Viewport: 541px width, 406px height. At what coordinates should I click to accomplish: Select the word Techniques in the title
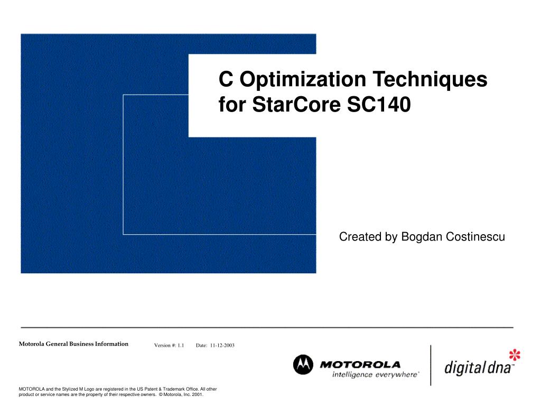click(430, 79)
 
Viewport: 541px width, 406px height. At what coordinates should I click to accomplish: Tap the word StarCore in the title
click(296, 104)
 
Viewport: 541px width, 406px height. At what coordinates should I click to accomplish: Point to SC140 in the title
click(379, 104)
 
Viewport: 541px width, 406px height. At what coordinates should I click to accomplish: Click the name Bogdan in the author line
click(422, 237)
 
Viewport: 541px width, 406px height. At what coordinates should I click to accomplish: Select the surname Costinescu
click(475, 237)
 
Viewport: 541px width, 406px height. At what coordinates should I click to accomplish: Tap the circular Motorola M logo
click(303, 365)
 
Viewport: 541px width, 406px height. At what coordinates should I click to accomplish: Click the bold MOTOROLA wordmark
click(360, 365)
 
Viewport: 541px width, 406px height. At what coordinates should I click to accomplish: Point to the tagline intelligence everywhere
click(376, 375)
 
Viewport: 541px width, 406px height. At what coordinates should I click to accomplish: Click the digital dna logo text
click(478, 367)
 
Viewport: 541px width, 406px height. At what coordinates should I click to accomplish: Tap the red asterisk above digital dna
click(515, 355)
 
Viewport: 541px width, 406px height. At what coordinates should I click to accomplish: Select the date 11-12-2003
click(222, 345)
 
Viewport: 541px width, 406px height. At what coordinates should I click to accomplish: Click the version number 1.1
click(181, 345)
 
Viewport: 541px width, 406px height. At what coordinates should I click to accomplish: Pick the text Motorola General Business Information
click(73, 344)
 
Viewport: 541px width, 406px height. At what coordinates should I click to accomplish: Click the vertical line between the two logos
click(431, 365)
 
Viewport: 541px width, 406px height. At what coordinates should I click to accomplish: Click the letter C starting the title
click(226, 79)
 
